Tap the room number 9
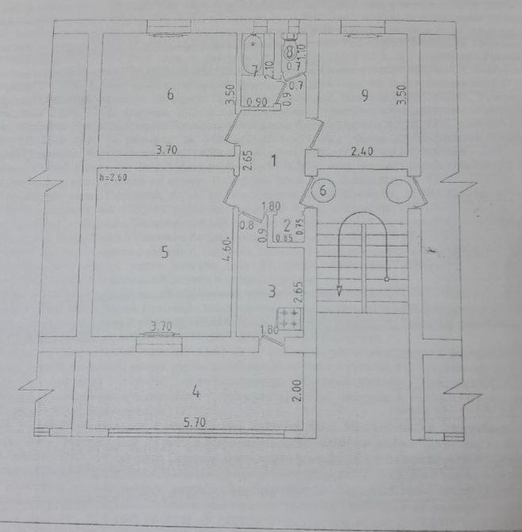pyautogui.click(x=365, y=95)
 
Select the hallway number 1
pyautogui.click(x=273, y=161)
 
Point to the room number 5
pyautogui.click(x=164, y=253)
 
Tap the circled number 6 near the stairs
pyautogui.click(x=323, y=191)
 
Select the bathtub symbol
pyautogui.click(x=254, y=54)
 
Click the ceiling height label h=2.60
pyautogui.click(x=114, y=178)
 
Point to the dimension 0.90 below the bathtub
pyautogui.click(x=255, y=103)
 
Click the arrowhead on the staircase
pyautogui.click(x=340, y=290)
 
